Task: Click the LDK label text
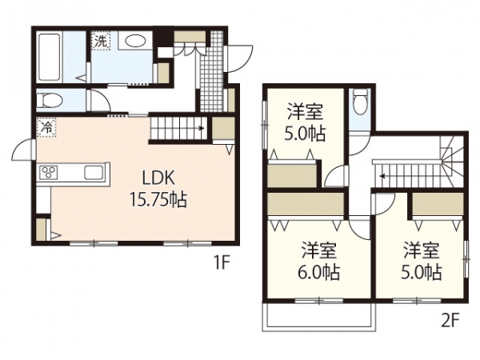click(x=158, y=178)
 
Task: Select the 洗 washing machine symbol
click(x=101, y=41)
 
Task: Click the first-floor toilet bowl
click(x=49, y=100)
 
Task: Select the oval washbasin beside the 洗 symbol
click(x=135, y=41)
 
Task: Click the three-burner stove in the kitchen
click(x=49, y=172)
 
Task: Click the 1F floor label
click(x=221, y=262)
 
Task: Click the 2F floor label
click(x=450, y=321)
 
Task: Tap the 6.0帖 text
click(x=318, y=272)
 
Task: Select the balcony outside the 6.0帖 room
click(x=319, y=317)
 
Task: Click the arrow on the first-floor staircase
click(x=201, y=128)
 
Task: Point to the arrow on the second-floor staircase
click(x=382, y=176)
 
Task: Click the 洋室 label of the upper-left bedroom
click(x=305, y=112)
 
